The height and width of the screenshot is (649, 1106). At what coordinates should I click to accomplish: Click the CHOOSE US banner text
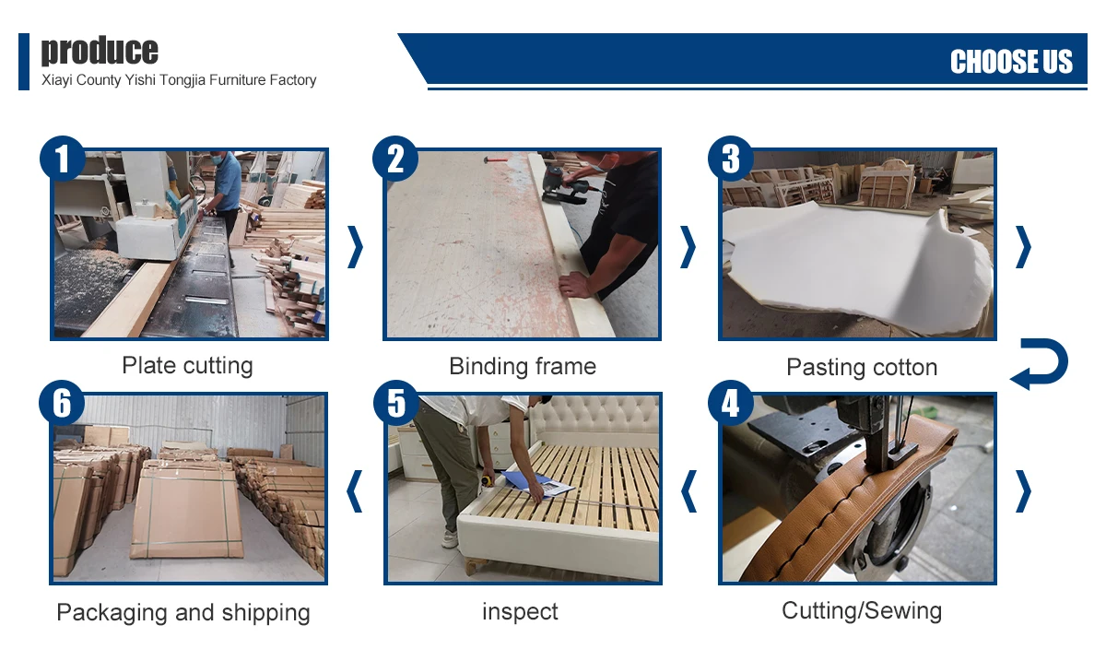[x=1011, y=61]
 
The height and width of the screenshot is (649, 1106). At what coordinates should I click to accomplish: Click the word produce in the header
[x=100, y=50]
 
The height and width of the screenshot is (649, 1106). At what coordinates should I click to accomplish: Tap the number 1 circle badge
[x=63, y=159]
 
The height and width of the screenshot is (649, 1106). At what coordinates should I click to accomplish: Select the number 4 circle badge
[x=731, y=403]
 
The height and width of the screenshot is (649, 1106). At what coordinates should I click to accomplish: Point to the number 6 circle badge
[x=62, y=403]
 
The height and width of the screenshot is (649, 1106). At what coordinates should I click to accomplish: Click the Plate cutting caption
[x=188, y=366]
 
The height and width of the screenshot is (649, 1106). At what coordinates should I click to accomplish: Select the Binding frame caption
[x=523, y=367]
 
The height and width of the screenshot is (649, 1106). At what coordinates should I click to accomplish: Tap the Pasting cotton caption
[x=862, y=368]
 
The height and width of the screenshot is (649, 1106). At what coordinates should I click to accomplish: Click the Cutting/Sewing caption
[x=862, y=610]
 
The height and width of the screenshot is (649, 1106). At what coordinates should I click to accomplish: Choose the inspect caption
[x=520, y=611]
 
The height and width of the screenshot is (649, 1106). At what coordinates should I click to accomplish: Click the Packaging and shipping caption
[x=183, y=612]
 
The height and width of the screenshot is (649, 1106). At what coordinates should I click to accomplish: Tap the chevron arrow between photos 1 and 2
[x=356, y=247]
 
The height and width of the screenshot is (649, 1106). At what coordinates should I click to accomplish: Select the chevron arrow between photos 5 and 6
[x=355, y=491]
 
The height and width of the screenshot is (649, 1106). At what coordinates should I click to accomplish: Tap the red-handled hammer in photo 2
[x=495, y=160]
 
